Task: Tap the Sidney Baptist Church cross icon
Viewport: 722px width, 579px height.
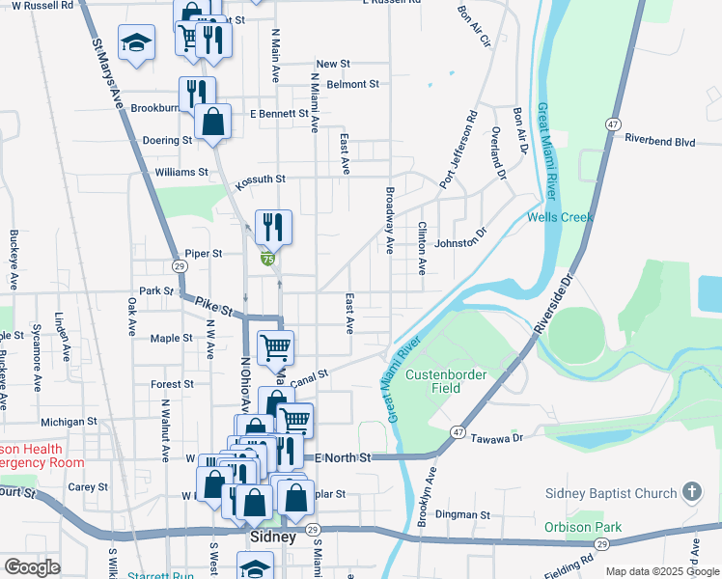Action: pyautogui.click(x=691, y=493)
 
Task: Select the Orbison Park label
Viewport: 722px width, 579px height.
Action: pyautogui.click(x=582, y=527)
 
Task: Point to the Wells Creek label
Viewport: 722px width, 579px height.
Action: pyautogui.click(x=560, y=217)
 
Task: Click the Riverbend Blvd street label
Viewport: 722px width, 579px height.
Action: pyautogui.click(x=660, y=141)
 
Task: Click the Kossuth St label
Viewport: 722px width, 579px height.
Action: pyautogui.click(x=262, y=179)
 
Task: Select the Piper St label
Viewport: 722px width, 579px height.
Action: pyautogui.click(x=204, y=254)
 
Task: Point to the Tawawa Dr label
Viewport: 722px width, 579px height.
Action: pyautogui.click(x=498, y=438)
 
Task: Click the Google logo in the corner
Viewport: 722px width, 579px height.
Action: pyautogui.click(x=32, y=567)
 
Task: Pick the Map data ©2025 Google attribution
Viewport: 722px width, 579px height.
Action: pyautogui.click(x=662, y=571)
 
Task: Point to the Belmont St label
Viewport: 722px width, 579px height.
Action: pyautogui.click(x=353, y=85)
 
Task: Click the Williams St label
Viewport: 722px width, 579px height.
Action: pyautogui.click(x=181, y=173)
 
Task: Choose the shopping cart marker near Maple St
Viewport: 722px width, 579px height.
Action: pyautogui.click(x=275, y=346)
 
